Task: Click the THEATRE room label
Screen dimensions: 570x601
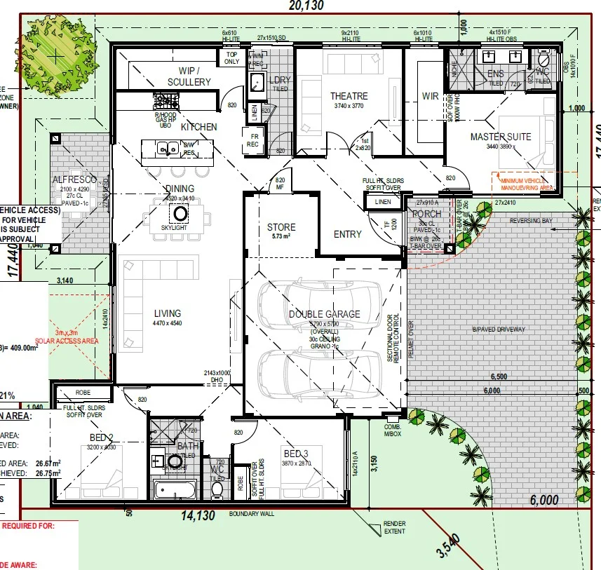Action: tap(349, 96)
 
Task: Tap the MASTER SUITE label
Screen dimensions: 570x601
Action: tap(501, 136)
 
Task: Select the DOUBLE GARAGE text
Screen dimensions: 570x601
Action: tap(324, 314)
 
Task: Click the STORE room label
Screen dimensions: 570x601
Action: tap(281, 227)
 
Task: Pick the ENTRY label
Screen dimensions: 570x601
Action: tap(347, 234)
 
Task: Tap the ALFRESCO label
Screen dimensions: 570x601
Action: tap(74, 180)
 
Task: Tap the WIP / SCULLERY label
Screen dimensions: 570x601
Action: tap(189, 76)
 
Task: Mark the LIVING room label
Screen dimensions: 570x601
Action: tap(168, 313)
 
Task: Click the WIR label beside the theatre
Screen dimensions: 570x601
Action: tap(429, 96)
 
